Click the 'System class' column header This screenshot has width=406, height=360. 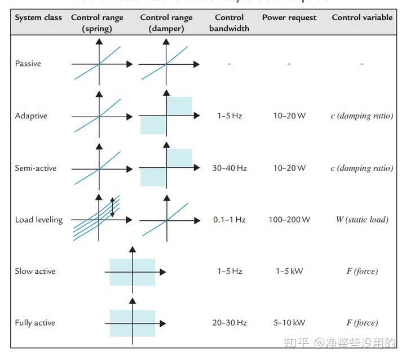point(38,17)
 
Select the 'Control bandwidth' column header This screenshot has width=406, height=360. point(230,23)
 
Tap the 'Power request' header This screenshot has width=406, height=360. point(289,17)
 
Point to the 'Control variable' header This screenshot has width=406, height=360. point(362,17)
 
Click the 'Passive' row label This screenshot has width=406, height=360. point(28,64)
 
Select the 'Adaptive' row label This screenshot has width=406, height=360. point(31,116)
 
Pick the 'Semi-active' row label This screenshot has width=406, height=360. point(36,168)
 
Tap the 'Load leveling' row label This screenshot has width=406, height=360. point(39,219)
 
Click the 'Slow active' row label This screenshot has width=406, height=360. point(35,271)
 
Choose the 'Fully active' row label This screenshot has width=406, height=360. point(35,323)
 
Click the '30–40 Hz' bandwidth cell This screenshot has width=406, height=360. point(230,168)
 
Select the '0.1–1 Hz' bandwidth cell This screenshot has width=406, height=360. point(230,219)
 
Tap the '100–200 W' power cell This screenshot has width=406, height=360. point(289,219)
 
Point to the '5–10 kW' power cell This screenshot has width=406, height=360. point(289,323)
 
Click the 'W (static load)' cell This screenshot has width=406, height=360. point(362,219)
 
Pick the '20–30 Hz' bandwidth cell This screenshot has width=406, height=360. point(230,323)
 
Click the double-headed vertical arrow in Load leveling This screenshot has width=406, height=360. point(112,207)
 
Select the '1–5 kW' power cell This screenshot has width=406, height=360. point(289,271)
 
